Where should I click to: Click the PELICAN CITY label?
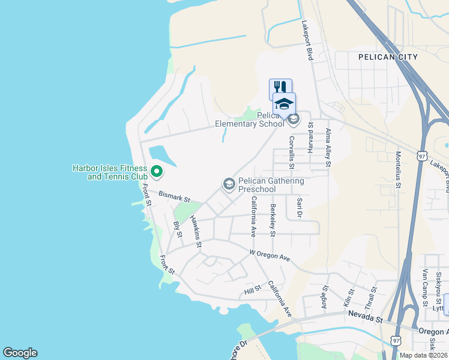click(x=388, y=57)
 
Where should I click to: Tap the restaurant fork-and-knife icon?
click(x=280, y=88)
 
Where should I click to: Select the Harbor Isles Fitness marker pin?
click(x=157, y=172)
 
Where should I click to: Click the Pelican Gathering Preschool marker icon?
click(x=229, y=184)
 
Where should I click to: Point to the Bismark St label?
click(x=174, y=196)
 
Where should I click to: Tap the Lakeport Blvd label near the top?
click(x=307, y=40)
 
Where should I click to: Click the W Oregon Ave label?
click(x=270, y=256)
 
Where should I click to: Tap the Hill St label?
click(x=253, y=290)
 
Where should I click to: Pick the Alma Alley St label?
click(x=328, y=147)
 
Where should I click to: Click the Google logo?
click(x=20, y=353)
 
